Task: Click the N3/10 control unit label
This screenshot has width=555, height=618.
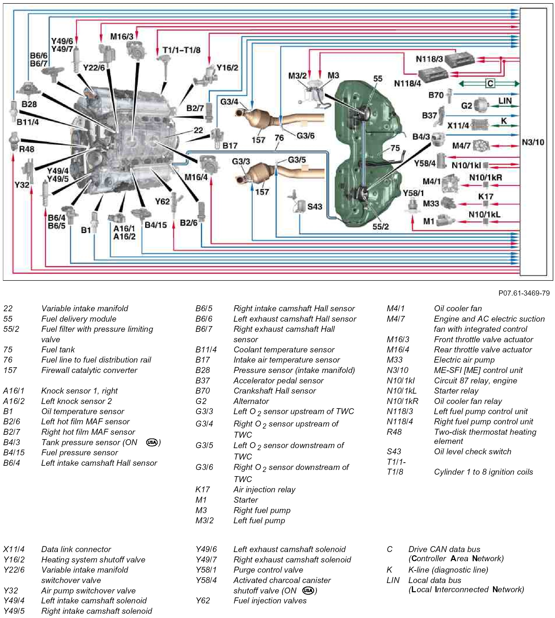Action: click(533, 142)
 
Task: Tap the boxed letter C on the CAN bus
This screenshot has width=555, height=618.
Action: click(490, 83)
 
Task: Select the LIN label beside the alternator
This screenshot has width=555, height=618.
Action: click(505, 101)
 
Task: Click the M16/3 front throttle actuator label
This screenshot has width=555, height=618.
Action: click(122, 37)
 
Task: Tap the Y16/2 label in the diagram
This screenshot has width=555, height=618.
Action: click(227, 67)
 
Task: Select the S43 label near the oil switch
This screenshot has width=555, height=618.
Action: click(315, 207)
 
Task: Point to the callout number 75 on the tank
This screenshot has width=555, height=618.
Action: click(395, 148)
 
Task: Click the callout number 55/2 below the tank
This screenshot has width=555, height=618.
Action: click(381, 226)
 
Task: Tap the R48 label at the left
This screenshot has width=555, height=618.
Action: click(27, 149)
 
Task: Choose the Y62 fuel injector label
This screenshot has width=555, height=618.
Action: click(162, 201)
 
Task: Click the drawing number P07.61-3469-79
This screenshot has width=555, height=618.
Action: click(524, 293)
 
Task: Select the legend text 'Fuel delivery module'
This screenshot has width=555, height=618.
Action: click(79, 319)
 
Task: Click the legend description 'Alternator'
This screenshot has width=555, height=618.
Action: click(251, 401)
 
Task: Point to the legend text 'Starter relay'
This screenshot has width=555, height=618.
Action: click(456, 391)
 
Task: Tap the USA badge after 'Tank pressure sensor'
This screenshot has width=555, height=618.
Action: click(152, 442)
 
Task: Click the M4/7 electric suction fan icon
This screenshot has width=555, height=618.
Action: click(481, 146)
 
